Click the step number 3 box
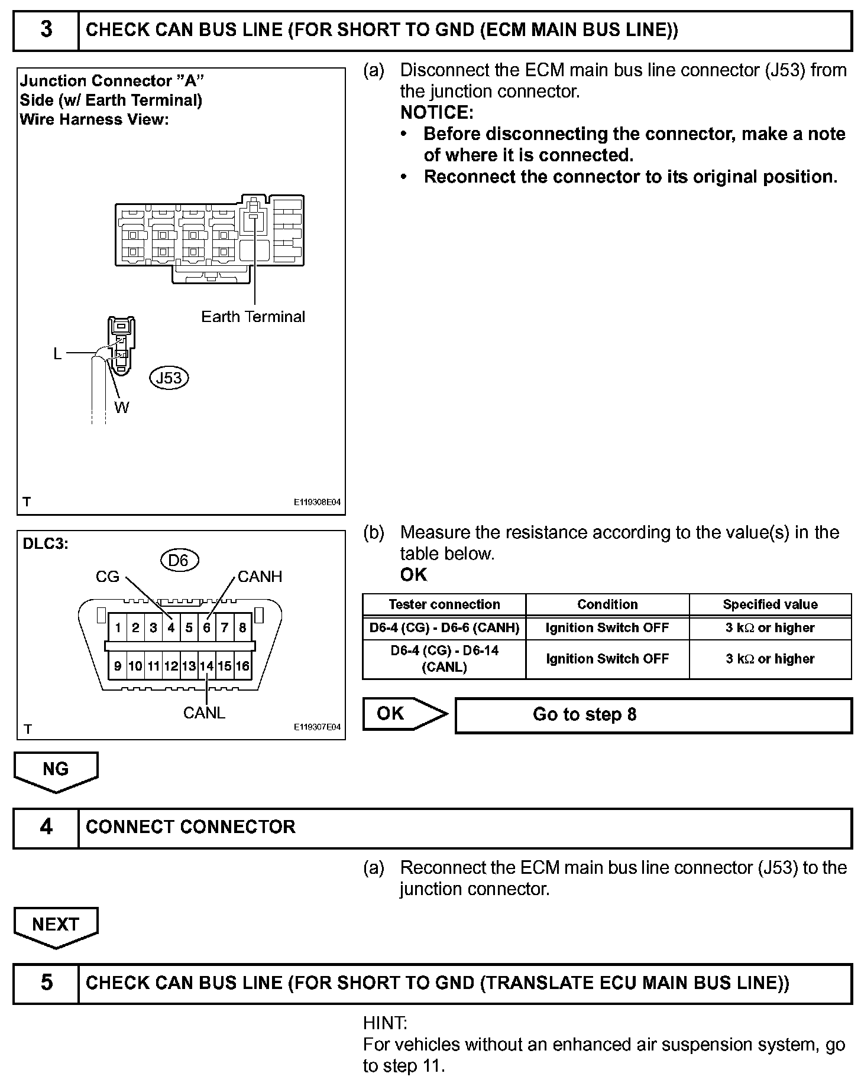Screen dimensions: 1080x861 coord(46,30)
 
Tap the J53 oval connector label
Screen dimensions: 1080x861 coord(169,378)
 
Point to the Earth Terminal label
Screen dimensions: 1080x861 coord(253,317)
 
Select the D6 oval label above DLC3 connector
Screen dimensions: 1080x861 coord(179,559)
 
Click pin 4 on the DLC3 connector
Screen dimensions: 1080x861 coord(171,627)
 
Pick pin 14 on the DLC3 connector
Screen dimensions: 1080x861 coord(206,666)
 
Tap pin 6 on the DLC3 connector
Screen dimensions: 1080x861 coord(206,627)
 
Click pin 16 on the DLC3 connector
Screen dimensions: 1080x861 coord(242,666)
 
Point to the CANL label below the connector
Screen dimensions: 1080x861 coord(204,713)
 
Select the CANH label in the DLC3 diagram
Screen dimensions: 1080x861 coord(260,577)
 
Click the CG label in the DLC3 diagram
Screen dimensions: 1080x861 coord(108,577)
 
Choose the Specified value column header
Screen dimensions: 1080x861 coord(770,604)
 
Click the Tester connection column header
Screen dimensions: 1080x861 coord(444,604)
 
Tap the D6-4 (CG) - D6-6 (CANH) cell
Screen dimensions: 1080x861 coord(444,627)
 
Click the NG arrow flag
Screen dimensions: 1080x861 coord(56,770)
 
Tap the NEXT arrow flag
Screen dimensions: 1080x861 coord(56,925)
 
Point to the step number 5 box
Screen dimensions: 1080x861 coord(46,983)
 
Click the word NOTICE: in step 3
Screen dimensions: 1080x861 coord(437,112)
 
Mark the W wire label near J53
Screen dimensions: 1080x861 coord(122,407)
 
